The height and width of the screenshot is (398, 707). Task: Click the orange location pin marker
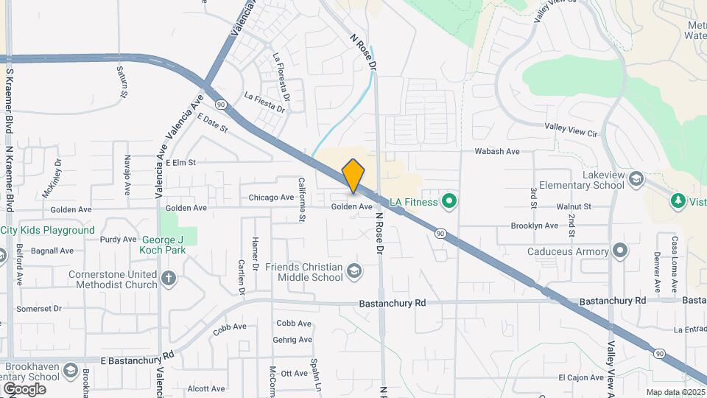[353, 175]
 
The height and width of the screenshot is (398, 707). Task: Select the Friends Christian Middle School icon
[354, 272]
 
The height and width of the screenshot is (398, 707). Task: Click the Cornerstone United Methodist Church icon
[169, 279]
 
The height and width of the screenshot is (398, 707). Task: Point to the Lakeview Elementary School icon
[636, 179]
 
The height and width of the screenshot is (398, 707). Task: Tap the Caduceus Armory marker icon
[621, 251]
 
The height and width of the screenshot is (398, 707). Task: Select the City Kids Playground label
[48, 230]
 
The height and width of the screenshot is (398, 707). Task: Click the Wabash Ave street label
[497, 152]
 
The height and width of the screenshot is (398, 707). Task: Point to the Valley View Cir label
[571, 129]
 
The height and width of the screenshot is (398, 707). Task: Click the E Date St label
[213, 123]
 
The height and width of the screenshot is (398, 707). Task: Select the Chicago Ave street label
[271, 198]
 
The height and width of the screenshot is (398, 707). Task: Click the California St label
[301, 199]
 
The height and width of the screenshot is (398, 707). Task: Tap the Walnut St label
[574, 207]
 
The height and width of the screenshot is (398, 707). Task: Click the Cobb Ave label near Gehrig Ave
[294, 324]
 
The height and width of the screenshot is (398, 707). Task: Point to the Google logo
[24, 388]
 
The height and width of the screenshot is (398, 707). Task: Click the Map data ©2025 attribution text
[675, 392]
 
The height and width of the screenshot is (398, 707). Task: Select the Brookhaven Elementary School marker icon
[71, 370]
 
